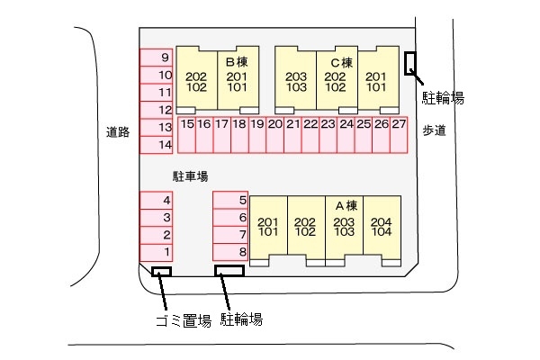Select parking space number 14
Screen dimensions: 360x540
(x=165, y=144)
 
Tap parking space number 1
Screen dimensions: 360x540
(x=166, y=252)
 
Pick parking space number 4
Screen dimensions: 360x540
(x=166, y=200)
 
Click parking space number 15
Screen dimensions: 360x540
(x=187, y=124)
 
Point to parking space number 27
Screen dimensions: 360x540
(x=399, y=124)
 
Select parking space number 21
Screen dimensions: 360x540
(x=292, y=124)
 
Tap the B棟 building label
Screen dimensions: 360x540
(x=236, y=62)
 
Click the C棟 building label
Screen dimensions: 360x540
(x=340, y=62)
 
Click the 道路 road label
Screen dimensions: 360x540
(x=118, y=131)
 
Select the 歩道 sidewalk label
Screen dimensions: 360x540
(x=435, y=131)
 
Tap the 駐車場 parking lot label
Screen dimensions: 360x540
(x=190, y=176)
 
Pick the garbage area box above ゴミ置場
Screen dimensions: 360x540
(x=162, y=271)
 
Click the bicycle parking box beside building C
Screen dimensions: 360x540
(x=410, y=63)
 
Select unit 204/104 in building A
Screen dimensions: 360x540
(x=382, y=227)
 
